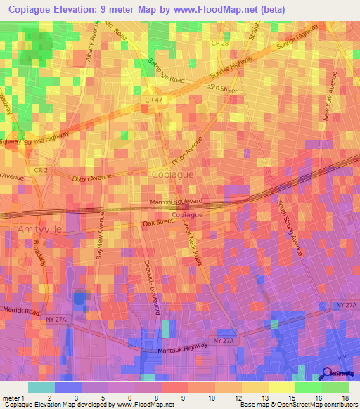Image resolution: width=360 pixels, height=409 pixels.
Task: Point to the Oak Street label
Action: point(157,222)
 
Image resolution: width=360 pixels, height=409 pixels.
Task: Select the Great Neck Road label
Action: point(192,242)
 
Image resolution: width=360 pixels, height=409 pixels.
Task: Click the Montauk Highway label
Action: point(182,346)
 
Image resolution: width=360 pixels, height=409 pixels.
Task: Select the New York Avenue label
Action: point(330,97)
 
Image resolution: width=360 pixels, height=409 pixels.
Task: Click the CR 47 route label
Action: point(144,102)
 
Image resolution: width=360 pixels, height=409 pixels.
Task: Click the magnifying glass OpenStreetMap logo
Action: point(326,373)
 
